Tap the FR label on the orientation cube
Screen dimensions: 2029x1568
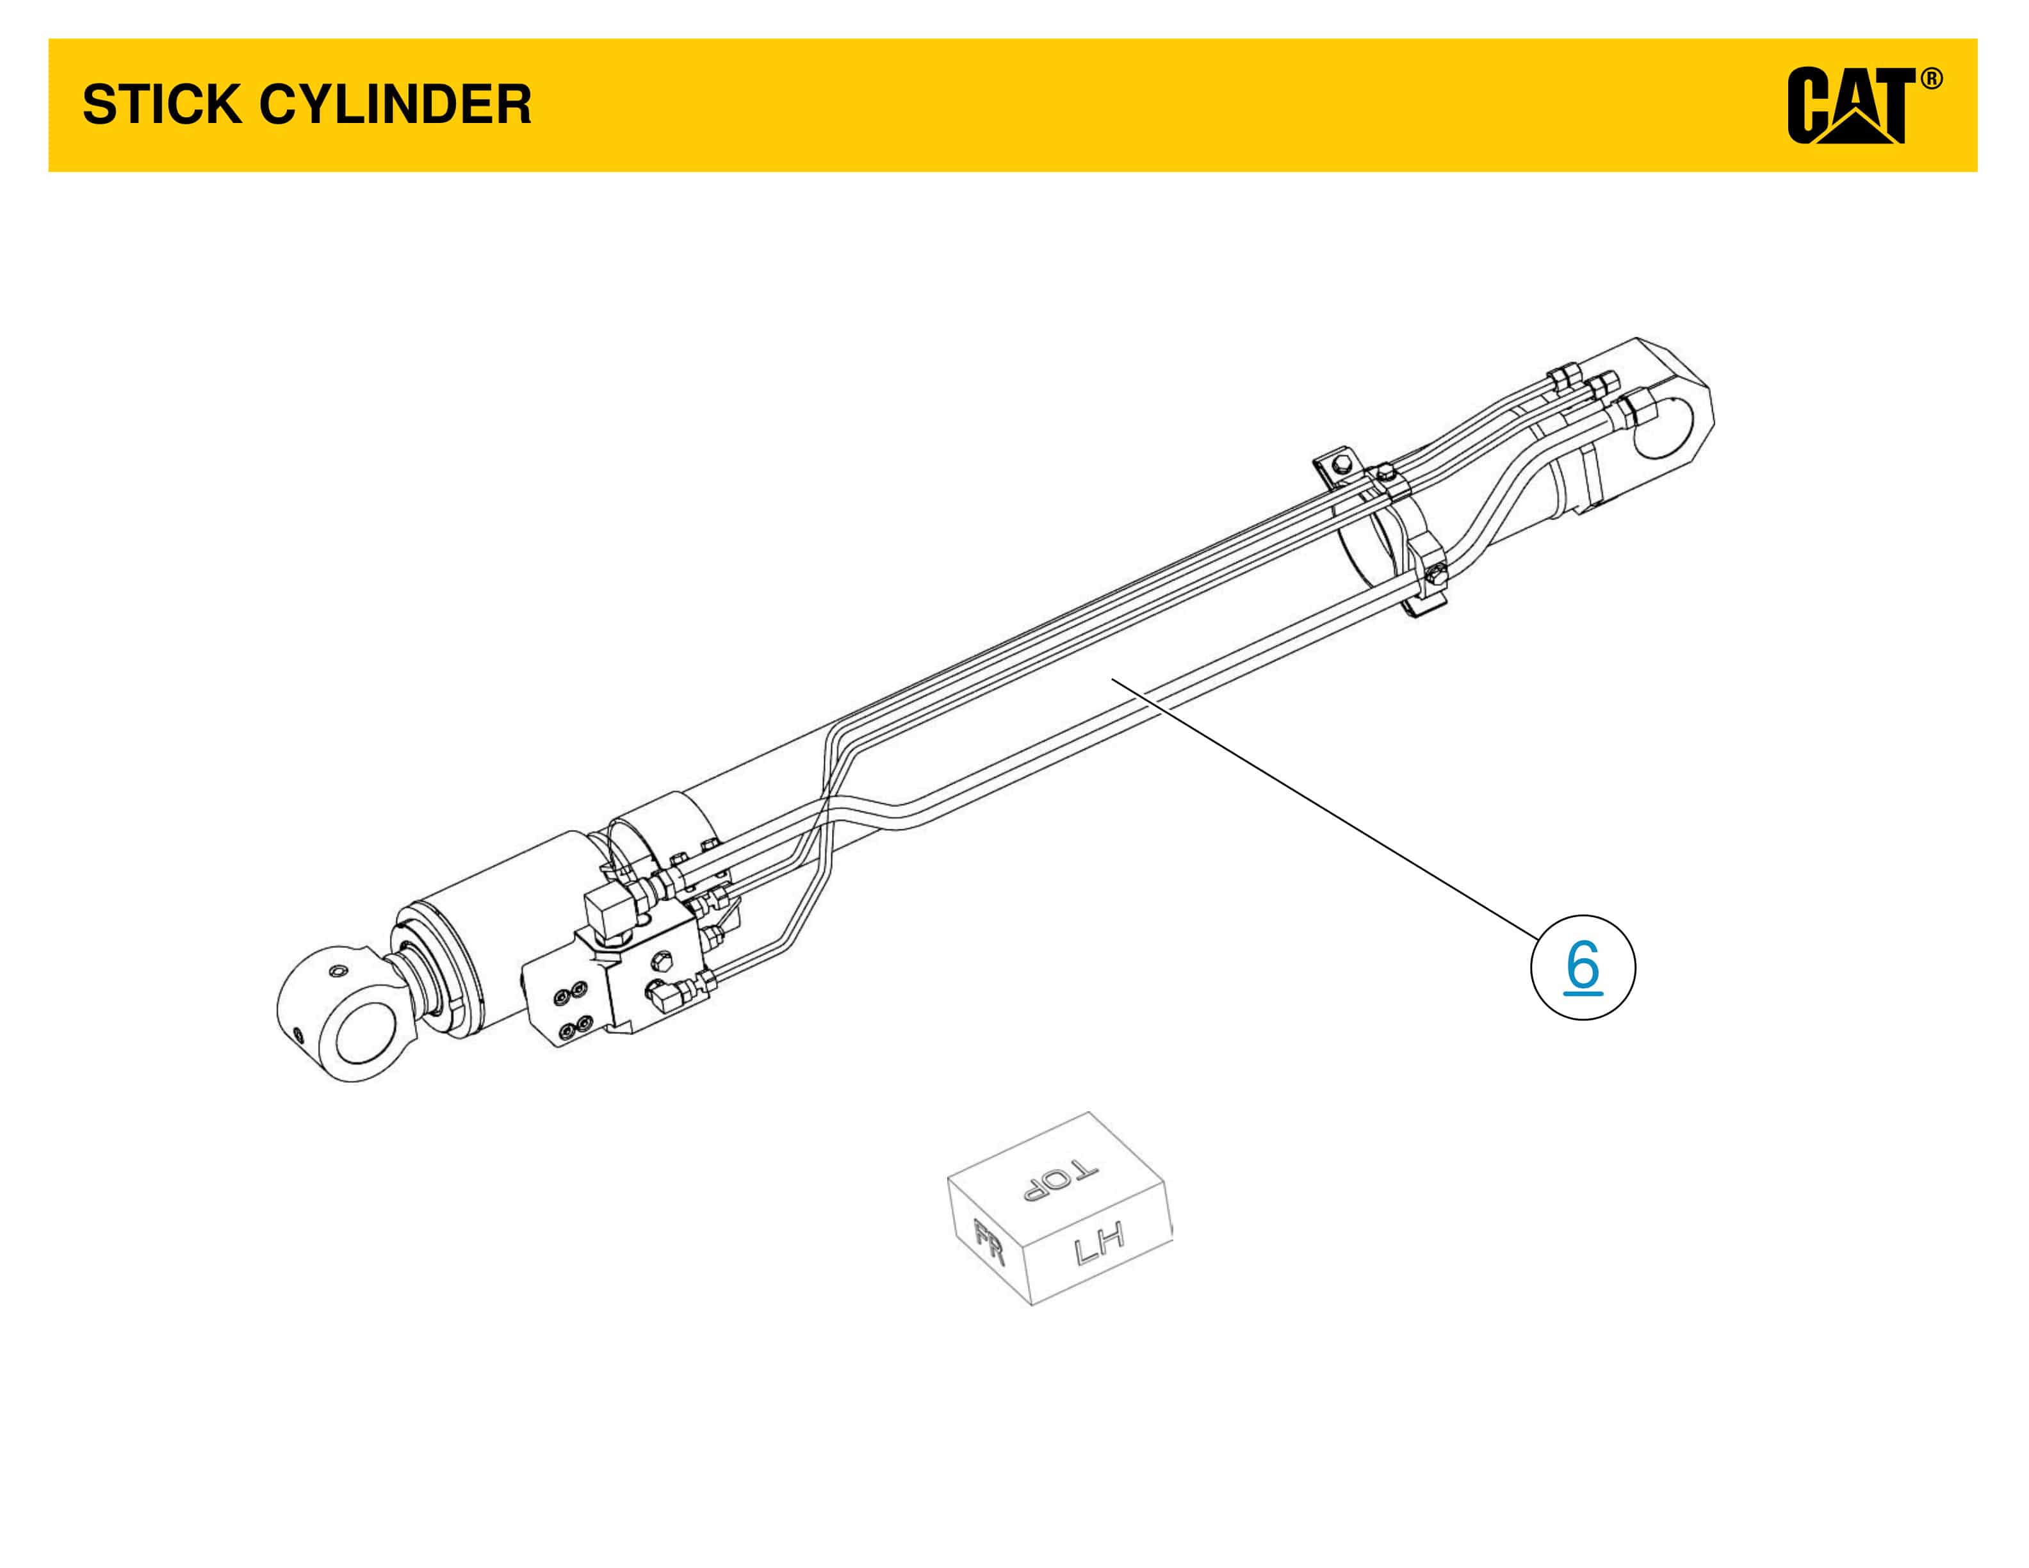click(988, 1243)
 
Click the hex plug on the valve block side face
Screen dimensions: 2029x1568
click(662, 961)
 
